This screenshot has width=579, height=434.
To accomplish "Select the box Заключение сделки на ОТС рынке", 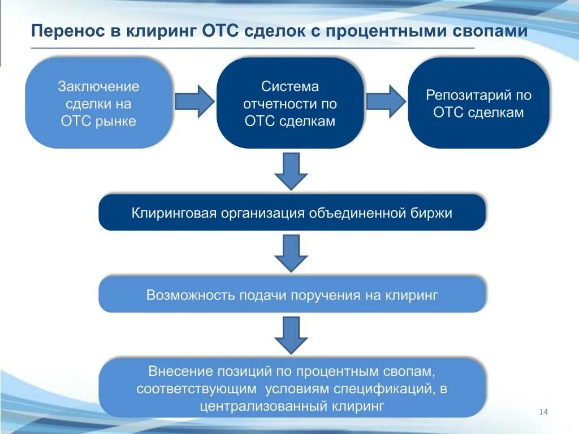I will coord(99,103).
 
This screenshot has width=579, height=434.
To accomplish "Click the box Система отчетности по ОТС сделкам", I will coord(290,103).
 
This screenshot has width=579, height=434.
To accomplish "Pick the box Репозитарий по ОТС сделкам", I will coord(478,103).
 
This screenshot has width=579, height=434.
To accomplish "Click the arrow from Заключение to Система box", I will coord(195,102).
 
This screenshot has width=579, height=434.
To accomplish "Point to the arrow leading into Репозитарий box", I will coord(386,102).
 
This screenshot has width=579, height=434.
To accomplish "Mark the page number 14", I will coord(544,411).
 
